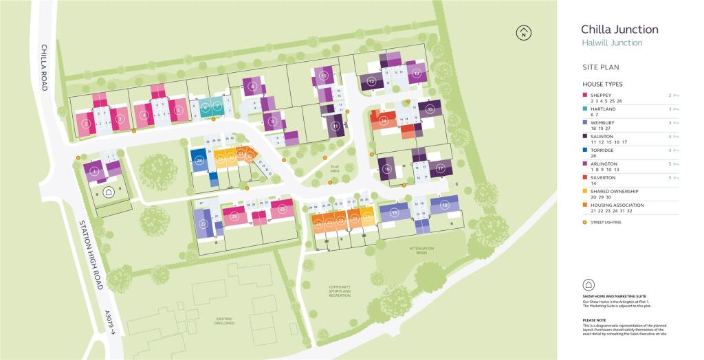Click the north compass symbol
[525, 32]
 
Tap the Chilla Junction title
[619, 30]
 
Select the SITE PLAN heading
[600, 67]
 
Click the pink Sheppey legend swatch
[584, 95]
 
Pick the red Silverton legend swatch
[584, 177]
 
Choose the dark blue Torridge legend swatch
[584, 150]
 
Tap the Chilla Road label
[43, 69]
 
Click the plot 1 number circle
[95, 170]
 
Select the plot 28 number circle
[199, 161]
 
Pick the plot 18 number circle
[445, 205]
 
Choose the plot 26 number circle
[234, 217]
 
